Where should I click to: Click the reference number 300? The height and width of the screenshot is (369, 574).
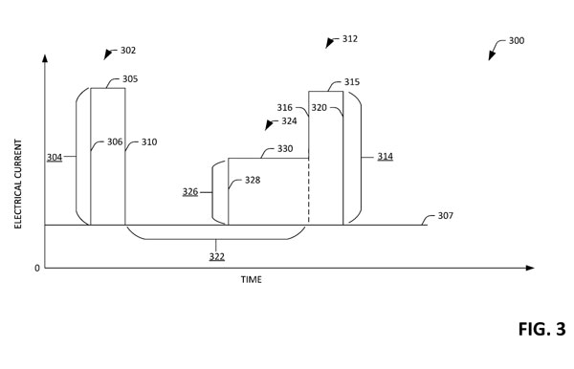(517, 40)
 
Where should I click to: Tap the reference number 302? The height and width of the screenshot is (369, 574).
(128, 51)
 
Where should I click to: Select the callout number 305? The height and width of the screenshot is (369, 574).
(130, 79)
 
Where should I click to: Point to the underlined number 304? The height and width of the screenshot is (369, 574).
(55, 158)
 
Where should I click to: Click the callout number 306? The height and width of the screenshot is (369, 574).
(115, 141)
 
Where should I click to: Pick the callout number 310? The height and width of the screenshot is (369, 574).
(149, 141)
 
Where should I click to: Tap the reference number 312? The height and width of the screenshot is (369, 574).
(350, 39)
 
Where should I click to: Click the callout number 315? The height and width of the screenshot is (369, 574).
(352, 82)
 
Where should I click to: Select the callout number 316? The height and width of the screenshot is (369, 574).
(284, 107)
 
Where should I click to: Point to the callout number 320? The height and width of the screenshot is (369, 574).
(320, 107)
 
